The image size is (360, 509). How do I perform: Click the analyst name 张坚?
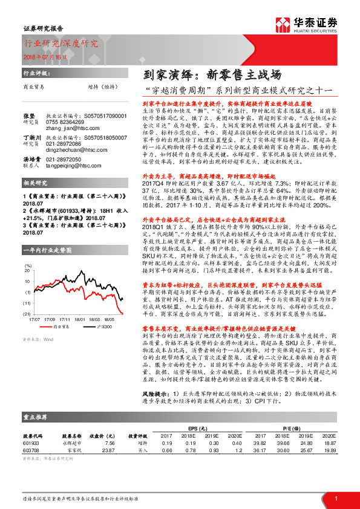pos(28,114)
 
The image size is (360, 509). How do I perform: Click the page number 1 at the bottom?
pos(336,498)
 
